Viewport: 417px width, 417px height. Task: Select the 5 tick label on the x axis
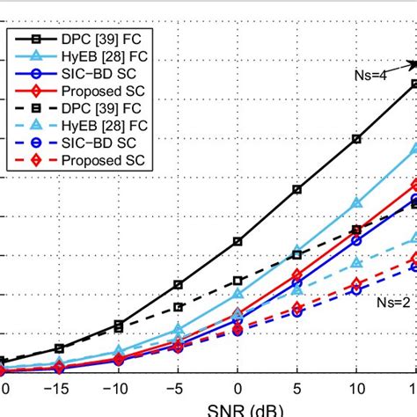[x=297, y=388]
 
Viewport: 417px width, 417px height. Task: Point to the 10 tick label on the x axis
[x=356, y=388]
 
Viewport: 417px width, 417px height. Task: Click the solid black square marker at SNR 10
[x=356, y=139]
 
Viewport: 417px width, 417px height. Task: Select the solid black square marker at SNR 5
[x=297, y=189]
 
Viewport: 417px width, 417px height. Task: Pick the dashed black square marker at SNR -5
[x=179, y=307]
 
